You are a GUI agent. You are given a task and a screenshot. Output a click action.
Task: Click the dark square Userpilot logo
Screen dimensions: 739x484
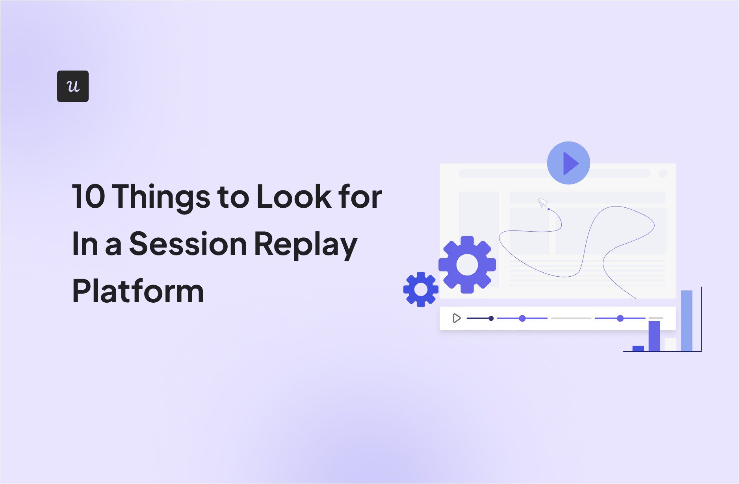coord(73,86)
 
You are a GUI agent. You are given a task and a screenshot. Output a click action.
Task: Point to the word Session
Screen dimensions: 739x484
coord(188,244)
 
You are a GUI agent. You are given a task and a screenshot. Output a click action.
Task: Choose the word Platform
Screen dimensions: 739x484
coord(138,291)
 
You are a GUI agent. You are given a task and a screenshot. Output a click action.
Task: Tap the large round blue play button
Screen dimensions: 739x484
coord(568,163)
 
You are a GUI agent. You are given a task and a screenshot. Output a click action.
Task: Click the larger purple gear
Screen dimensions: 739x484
coord(467,264)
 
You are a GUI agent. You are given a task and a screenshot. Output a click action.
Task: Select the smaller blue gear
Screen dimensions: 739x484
coord(421,289)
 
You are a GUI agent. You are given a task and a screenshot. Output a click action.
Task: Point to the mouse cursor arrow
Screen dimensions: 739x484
coord(542,203)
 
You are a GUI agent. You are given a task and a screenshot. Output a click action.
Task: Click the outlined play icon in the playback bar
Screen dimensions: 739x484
coord(457,318)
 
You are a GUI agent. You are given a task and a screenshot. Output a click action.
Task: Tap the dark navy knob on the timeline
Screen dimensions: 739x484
coord(491,318)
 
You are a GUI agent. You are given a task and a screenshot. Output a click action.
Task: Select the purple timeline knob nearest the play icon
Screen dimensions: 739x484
coord(522,318)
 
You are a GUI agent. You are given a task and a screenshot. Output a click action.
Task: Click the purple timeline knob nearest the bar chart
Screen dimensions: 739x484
coord(620,318)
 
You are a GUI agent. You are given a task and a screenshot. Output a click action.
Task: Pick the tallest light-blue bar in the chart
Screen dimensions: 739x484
coord(687,320)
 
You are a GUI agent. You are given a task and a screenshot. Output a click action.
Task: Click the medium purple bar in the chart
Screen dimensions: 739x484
coord(654,336)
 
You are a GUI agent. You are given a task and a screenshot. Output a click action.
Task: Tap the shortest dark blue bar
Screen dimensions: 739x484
coord(638,348)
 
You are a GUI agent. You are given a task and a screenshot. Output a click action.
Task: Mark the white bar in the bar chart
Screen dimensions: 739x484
coord(670,344)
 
